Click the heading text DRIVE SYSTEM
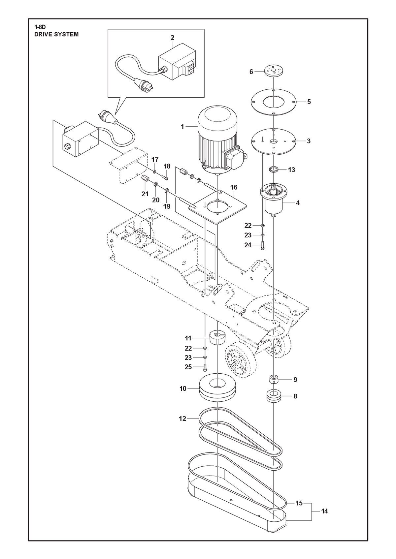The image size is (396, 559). pyautogui.click(x=56, y=34)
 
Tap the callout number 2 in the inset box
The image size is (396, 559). pyautogui.click(x=172, y=38)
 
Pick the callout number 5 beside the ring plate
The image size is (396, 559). pyautogui.click(x=309, y=102)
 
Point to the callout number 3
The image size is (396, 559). pyautogui.click(x=309, y=141)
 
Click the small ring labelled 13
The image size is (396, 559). pyautogui.click(x=274, y=170)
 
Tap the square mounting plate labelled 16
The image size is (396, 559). pyautogui.click(x=217, y=208)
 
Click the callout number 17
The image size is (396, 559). pyautogui.click(x=155, y=160)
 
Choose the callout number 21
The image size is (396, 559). pyautogui.click(x=145, y=194)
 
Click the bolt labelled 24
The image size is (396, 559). pyautogui.click(x=262, y=246)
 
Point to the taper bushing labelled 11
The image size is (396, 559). pyautogui.click(x=217, y=337)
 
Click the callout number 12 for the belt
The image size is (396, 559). pyautogui.click(x=182, y=419)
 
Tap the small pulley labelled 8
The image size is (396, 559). pyautogui.click(x=274, y=396)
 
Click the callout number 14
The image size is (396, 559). pyautogui.click(x=324, y=511)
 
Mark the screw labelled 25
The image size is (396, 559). pyautogui.click(x=205, y=367)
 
